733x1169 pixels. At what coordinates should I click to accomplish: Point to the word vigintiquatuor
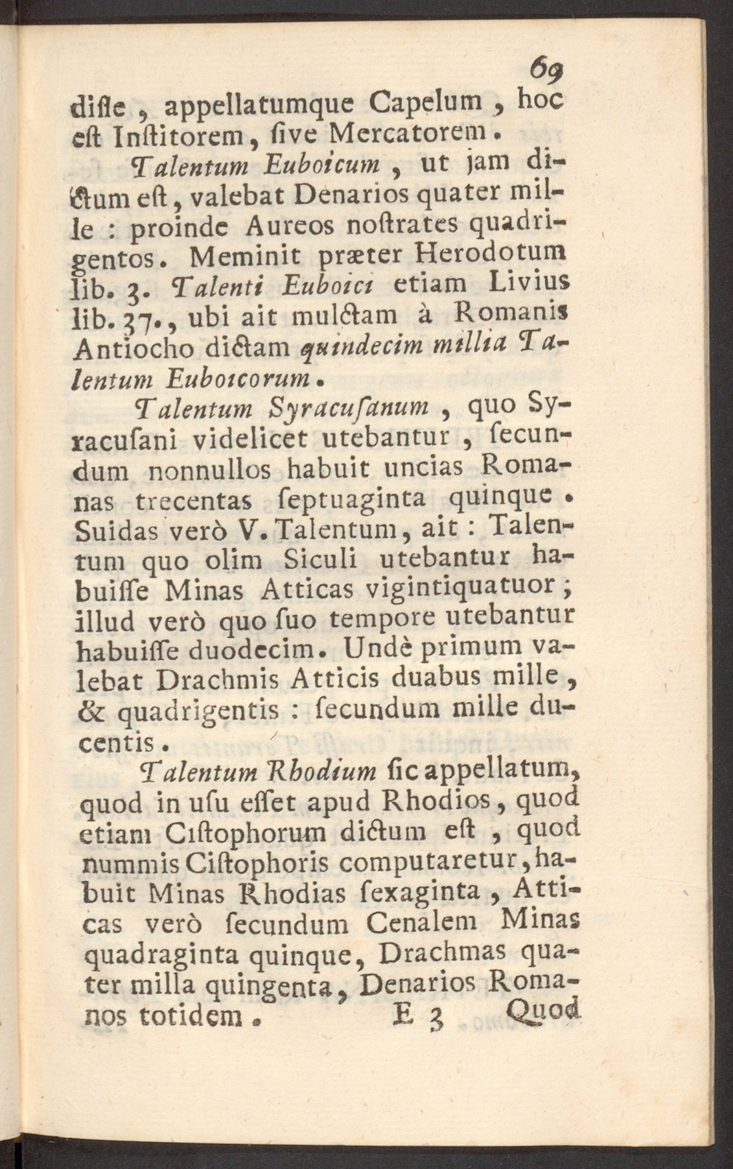pyautogui.click(x=460, y=590)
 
